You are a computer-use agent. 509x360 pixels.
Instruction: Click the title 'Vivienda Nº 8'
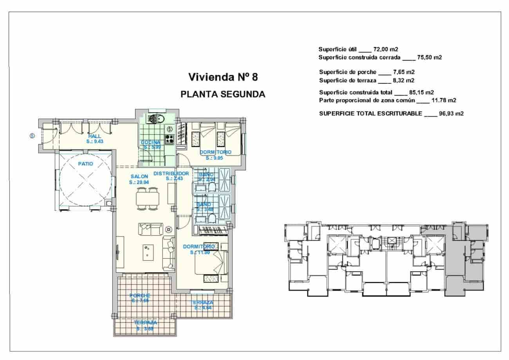pyautogui.click(x=223, y=77)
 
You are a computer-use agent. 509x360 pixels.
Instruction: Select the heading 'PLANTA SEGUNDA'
pyautogui.click(x=223, y=94)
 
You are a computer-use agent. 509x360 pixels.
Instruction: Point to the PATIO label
pyautogui.click(x=85, y=164)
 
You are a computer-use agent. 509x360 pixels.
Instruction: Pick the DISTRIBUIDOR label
pyautogui.click(x=171, y=173)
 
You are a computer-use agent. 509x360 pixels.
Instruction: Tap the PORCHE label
pyautogui.click(x=140, y=295)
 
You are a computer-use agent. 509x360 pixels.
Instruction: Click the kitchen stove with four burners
pyautogui.click(x=169, y=139)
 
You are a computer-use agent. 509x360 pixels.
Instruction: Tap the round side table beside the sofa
pyautogui.click(x=169, y=229)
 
